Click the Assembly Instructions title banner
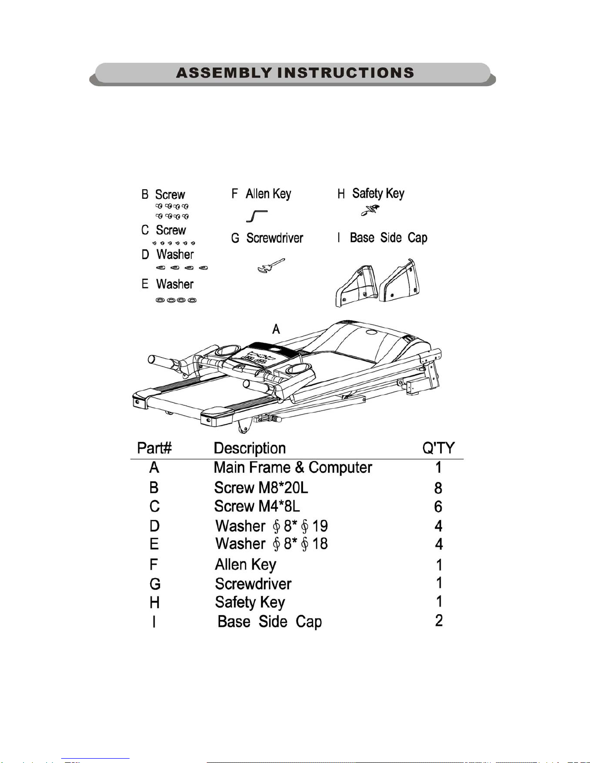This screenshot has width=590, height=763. coord(295,73)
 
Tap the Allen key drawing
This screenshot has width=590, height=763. coord(257,216)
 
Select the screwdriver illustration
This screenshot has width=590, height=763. coord(271,265)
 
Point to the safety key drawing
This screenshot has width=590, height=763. coord(370,210)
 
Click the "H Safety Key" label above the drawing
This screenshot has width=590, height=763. coord(370,194)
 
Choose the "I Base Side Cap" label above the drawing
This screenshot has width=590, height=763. coord(382,238)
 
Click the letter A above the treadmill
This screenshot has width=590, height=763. coord(276,329)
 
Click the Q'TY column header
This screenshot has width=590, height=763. coord(438,448)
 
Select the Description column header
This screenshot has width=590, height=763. coord(249,448)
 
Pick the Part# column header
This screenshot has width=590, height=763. coord(154,448)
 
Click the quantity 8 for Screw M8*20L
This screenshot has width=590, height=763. coord(438,488)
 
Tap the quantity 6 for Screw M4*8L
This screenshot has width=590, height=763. coord(438,507)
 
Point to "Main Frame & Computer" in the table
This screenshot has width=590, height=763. coord(293,467)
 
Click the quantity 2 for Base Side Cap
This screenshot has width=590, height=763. coord(439,621)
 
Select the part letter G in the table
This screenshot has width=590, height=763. coord(155,584)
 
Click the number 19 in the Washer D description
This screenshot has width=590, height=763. coord(320,526)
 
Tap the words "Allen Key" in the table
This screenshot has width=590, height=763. coord(245,564)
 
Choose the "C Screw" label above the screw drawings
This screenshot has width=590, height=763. coord(163,230)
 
